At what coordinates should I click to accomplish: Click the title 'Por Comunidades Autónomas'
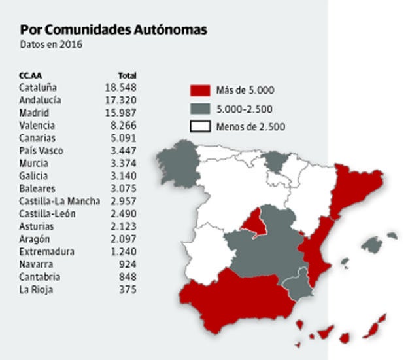pos(114,30)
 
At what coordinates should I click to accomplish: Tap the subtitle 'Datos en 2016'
pos(52,45)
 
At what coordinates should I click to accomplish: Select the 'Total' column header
pos(126,75)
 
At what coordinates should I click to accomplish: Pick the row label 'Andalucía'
pos(41,100)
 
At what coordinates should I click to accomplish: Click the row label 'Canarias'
pos(37,138)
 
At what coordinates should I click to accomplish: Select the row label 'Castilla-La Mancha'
pos(59,201)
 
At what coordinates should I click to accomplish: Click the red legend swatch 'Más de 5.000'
pos(200,90)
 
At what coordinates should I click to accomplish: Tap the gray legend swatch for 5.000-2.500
pos(200,109)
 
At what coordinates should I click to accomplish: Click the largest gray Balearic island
pos(371,245)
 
